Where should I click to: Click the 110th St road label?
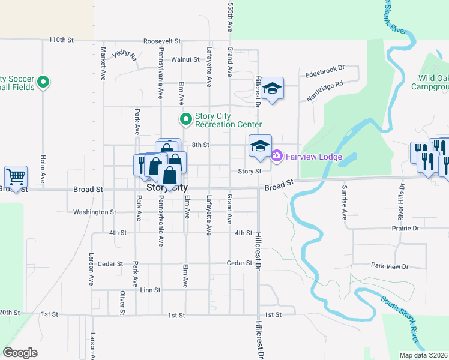point(61,40)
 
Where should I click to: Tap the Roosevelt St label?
point(162,41)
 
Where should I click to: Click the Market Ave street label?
point(103,64)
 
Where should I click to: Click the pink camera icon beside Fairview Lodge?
point(276,156)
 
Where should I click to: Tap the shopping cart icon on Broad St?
point(16,177)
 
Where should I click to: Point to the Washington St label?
point(95,212)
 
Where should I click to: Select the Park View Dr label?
point(389,266)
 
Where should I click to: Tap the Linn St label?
point(150,290)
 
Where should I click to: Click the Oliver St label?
point(122,303)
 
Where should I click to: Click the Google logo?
point(20,352)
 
